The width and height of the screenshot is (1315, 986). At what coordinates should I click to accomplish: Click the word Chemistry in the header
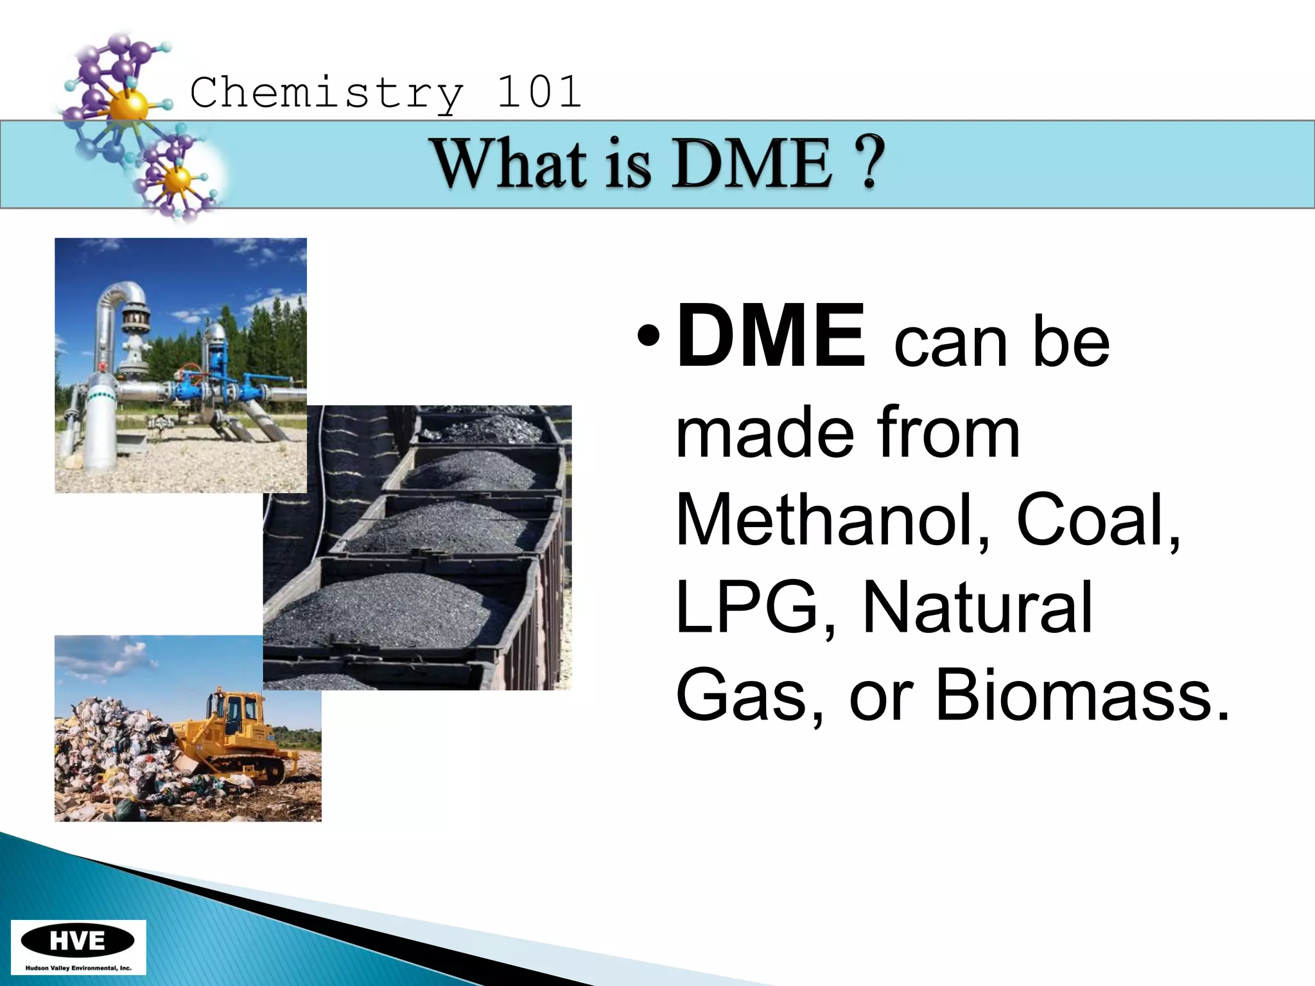326,93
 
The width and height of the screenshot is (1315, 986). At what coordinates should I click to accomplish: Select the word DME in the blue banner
754,164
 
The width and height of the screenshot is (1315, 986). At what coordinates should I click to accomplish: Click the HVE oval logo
78,941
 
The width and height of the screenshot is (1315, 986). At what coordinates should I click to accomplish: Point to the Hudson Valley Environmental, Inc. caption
78,968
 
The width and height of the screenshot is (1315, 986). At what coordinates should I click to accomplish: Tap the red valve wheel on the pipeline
187,372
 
